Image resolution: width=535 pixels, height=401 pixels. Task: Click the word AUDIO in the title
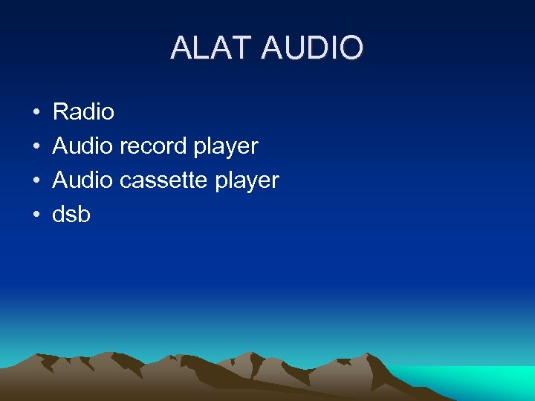(313, 48)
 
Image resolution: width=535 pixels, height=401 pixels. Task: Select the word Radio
(83, 112)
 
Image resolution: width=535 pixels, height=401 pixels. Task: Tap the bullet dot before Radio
(36, 113)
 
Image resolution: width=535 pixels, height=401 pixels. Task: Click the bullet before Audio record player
(36, 147)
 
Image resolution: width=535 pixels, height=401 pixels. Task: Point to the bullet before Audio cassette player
(36, 181)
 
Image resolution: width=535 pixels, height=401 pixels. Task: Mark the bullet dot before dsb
(36, 215)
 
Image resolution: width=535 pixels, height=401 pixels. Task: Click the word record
(153, 146)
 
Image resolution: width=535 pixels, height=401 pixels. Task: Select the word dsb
(71, 215)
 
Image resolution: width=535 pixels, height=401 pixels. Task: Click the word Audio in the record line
(82, 146)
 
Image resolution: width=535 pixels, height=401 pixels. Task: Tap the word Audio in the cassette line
(82, 180)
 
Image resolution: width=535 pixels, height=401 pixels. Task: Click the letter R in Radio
(61, 112)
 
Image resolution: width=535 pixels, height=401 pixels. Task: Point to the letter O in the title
(351, 48)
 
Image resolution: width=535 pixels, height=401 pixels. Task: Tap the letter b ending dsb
(84, 215)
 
